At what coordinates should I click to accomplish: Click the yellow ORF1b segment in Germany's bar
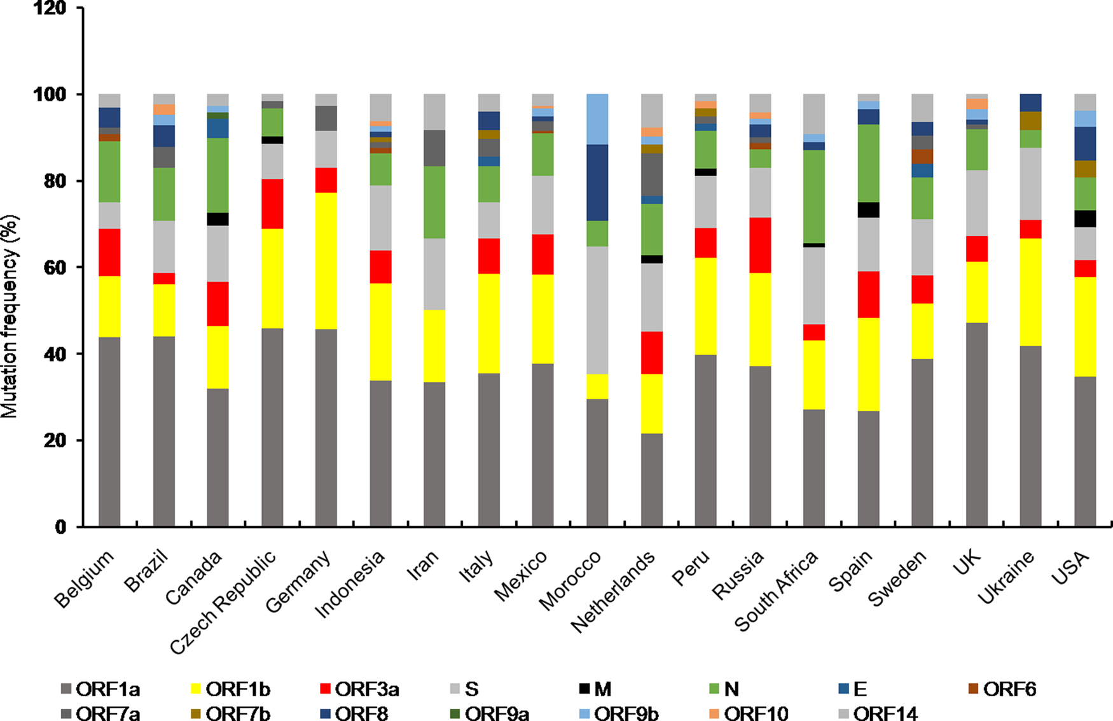pos(326,261)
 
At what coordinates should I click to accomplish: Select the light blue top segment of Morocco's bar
pos(597,119)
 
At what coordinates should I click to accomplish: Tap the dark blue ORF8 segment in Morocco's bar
pos(597,183)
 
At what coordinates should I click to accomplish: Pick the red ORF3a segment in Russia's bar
pos(760,245)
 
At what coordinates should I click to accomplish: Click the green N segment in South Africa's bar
pos(814,197)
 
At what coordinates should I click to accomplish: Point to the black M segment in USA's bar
pos(1085,218)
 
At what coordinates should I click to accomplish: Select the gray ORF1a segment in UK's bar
pos(977,424)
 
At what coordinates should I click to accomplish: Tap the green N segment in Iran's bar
pos(434,202)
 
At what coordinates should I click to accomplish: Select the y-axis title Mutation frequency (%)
pos(10,316)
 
